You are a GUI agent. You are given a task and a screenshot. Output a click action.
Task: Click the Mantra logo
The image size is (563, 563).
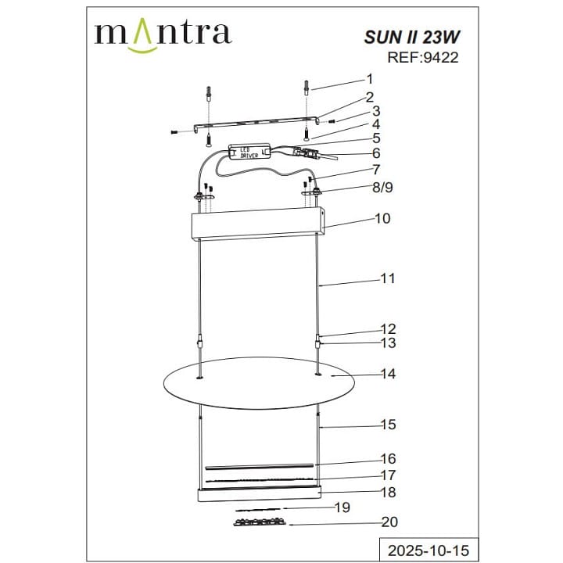(163, 35)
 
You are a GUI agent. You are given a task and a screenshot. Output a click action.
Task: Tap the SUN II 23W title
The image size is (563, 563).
(412, 38)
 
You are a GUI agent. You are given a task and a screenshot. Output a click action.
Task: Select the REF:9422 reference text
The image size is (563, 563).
(422, 57)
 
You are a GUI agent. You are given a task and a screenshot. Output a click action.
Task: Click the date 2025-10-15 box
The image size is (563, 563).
(429, 550)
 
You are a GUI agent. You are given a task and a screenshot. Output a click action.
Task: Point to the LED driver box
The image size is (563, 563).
(250, 151)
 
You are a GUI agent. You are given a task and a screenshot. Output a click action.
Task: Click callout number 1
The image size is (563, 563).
(369, 79)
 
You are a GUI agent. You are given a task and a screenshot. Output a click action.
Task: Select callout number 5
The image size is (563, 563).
(376, 138)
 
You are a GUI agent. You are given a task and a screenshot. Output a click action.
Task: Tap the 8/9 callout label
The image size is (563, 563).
(382, 188)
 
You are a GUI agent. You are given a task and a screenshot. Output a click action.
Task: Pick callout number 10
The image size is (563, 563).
(382, 219)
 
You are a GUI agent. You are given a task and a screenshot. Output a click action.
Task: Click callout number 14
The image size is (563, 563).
(388, 374)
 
